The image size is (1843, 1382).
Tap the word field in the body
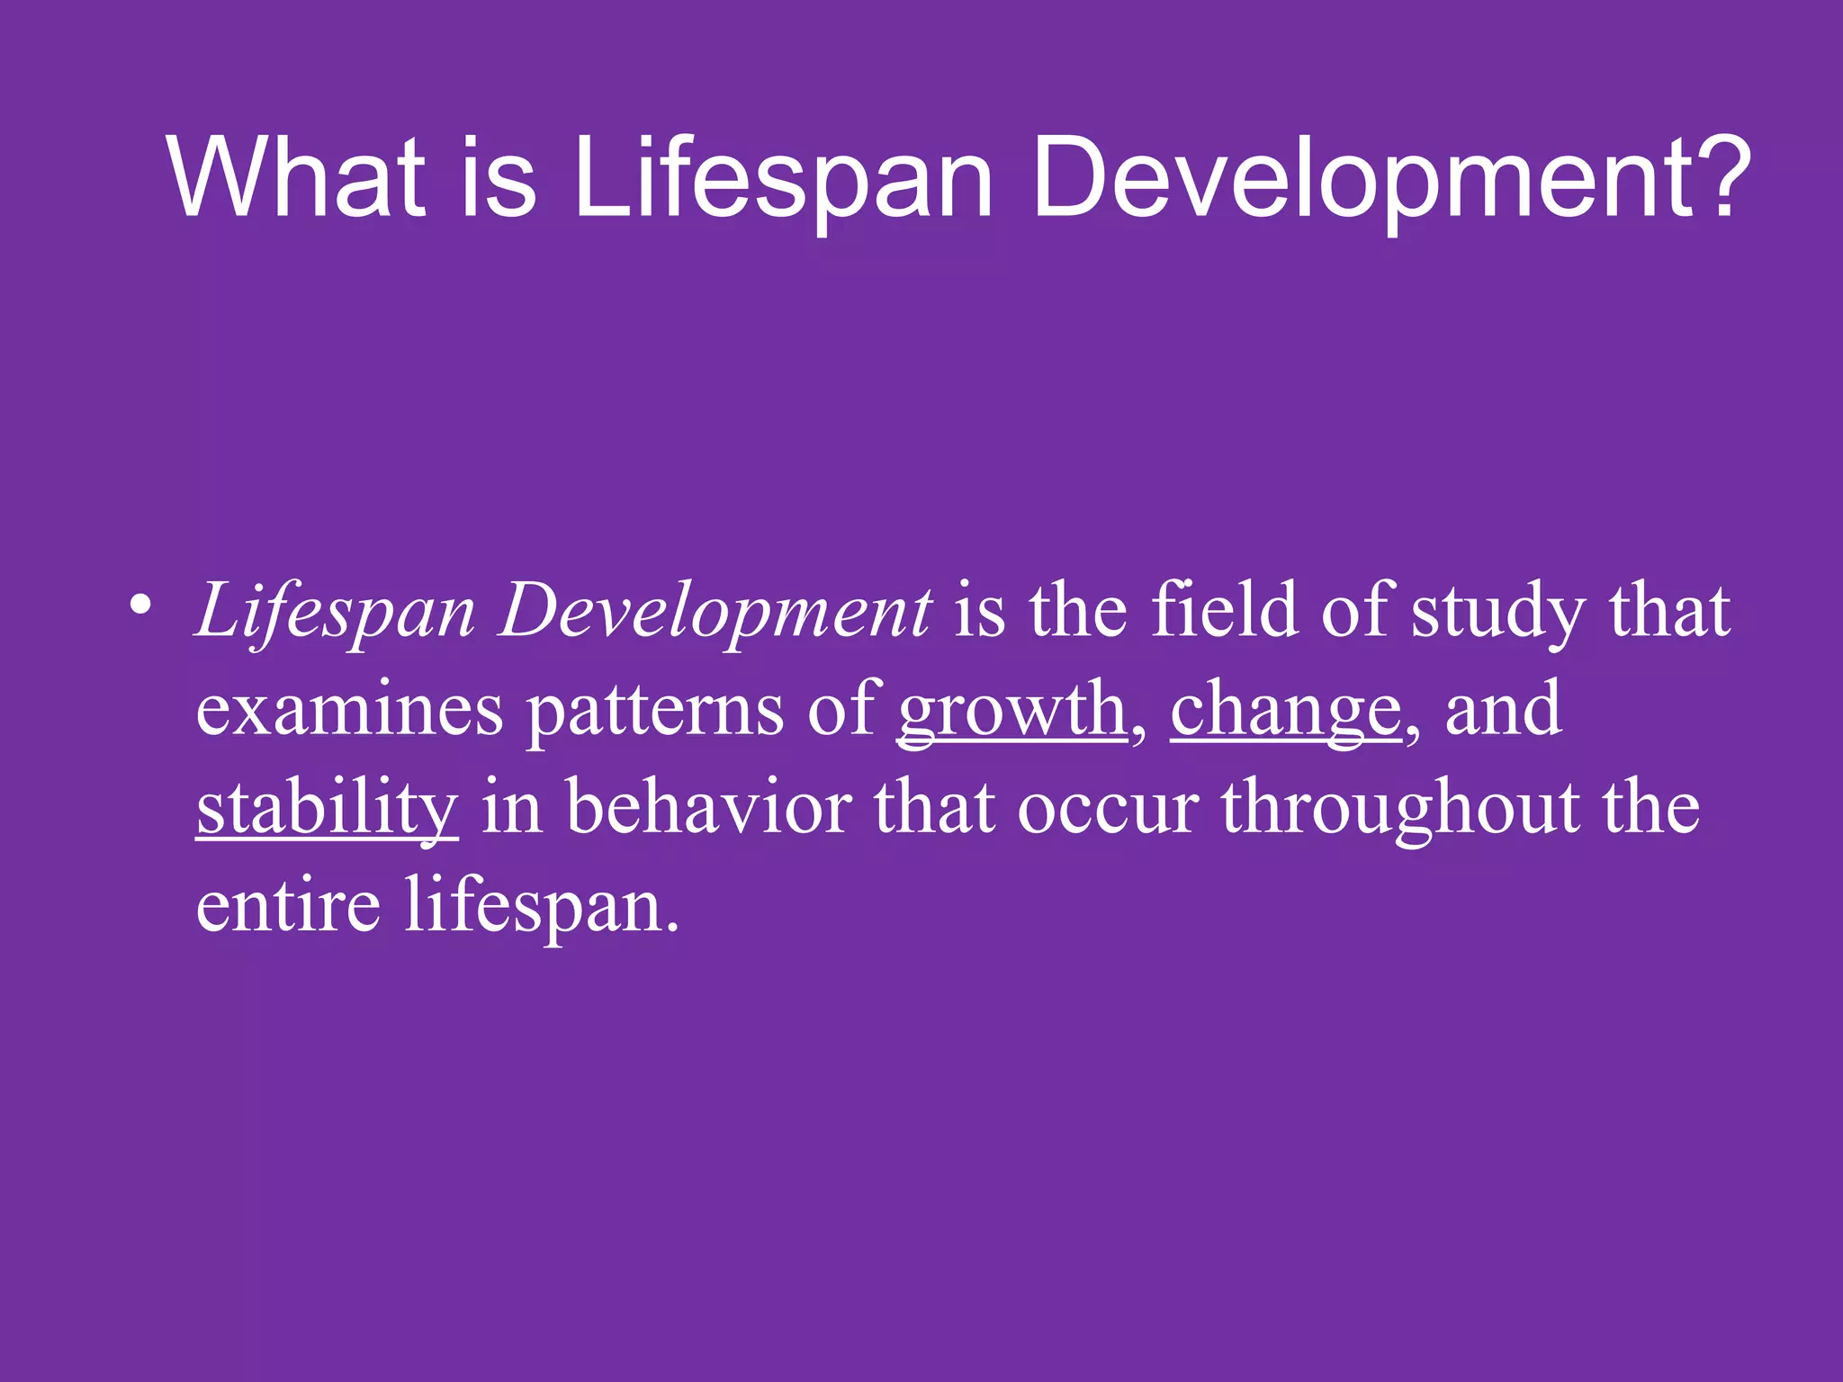(1225, 610)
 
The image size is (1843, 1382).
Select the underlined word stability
(328, 808)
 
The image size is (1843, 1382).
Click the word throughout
(1399, 808)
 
